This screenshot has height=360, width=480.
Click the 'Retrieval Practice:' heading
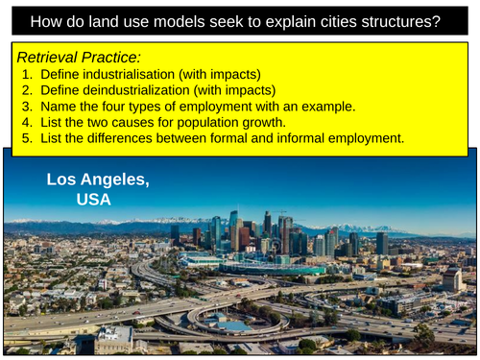point(74,58)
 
